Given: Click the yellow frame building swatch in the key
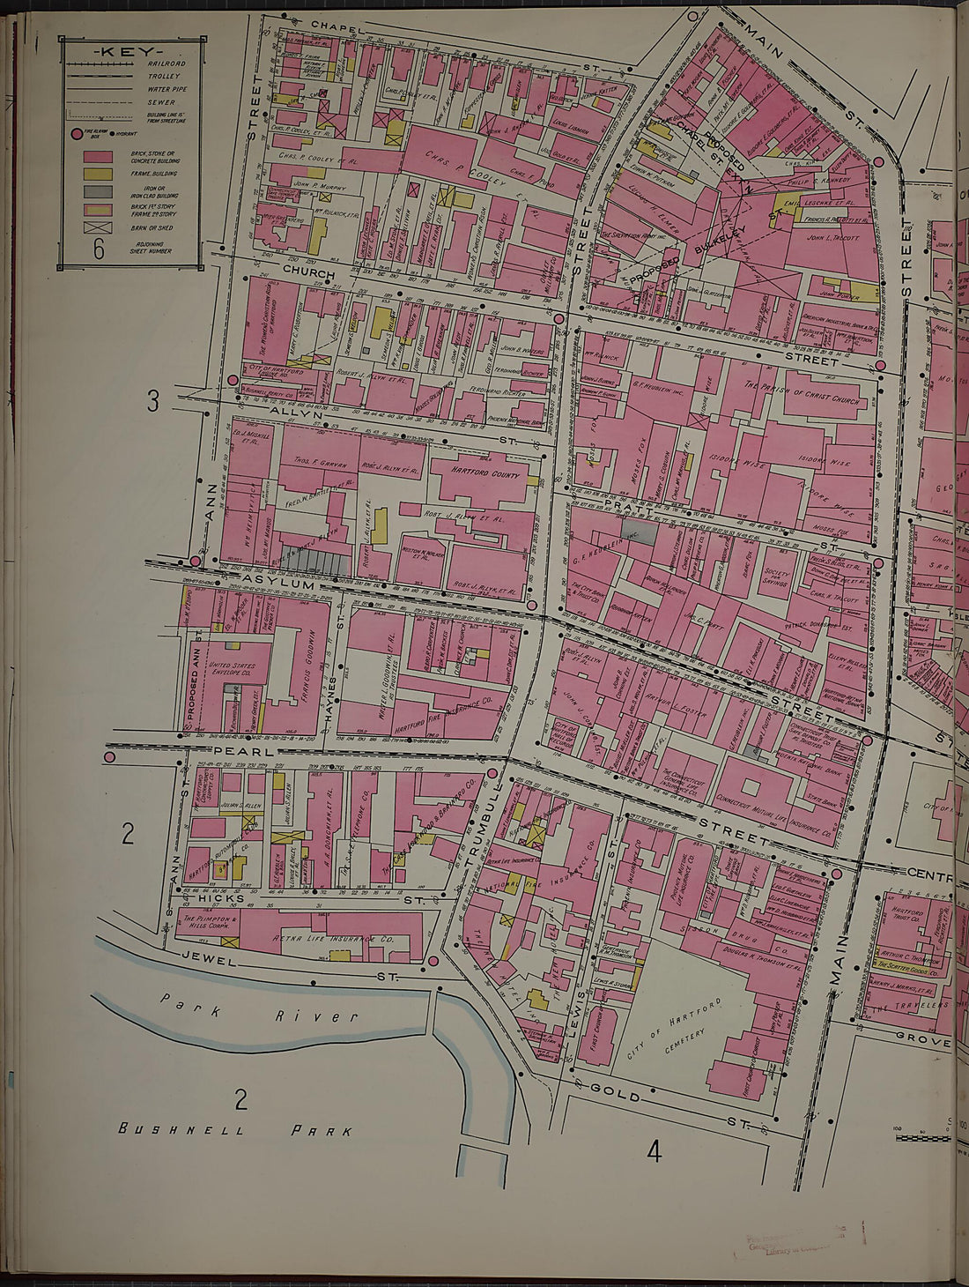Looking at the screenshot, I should [98, 175].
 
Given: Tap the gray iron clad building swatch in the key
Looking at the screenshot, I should [98, 191].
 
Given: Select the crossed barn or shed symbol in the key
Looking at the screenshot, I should [98, 227].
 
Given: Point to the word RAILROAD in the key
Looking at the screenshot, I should [166, 64].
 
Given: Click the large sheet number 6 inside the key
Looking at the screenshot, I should [99, 250].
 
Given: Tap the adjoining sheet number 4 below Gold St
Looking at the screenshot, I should [653, 1149].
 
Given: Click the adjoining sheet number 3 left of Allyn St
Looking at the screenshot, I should [152, 402].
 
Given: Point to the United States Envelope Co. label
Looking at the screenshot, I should [232, 671].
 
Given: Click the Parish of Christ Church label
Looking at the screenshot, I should [803, 391].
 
